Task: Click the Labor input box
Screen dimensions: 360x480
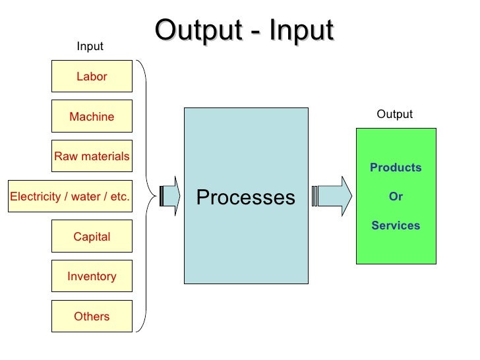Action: tap(92, 76)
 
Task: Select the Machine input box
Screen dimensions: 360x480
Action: tap(92, 117)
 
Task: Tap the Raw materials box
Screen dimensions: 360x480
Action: tap(92, 156)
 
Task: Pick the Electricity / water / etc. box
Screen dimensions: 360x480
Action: tap(69, 196)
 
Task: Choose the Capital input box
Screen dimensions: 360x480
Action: tap(92, 237)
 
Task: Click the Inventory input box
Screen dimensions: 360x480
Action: tap(92, 277)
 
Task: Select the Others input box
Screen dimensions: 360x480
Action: tap(92, 316)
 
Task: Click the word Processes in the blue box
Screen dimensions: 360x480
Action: tap(245, 197)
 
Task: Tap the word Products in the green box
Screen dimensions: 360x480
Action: tap(396, 167)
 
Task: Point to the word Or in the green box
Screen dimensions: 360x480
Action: tap(396, 196)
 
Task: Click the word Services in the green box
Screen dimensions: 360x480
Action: tap(396, 225)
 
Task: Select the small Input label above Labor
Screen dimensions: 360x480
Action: tap(90, 46)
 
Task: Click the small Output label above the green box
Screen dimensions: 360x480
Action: tap(394, 114)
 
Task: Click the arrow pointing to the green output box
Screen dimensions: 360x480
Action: tap(334, 196)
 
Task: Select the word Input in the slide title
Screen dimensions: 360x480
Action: tap(301, 32)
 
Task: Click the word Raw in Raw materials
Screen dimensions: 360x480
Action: tap(66, 156)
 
